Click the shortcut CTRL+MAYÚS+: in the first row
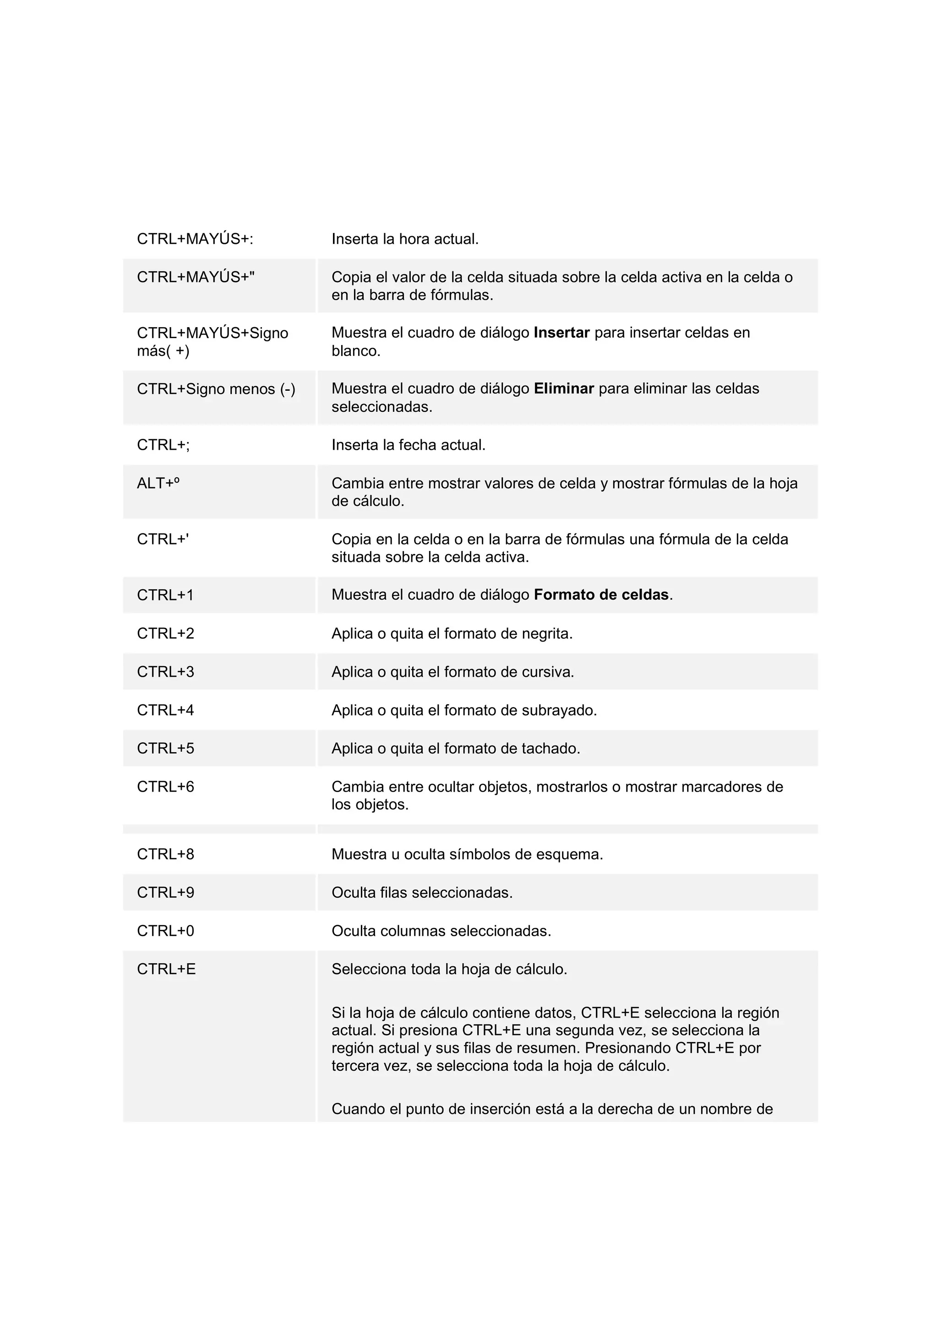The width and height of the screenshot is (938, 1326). (195, 239)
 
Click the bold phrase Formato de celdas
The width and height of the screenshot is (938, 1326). (601, 595)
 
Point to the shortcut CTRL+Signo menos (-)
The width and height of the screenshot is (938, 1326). (216, 389)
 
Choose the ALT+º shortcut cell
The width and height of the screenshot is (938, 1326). (158, 483)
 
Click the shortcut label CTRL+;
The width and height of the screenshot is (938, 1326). (163, 445)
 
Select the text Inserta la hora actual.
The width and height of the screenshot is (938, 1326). (404, 239)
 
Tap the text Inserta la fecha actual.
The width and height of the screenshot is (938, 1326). (408, 445)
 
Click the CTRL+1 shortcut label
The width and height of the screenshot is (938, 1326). (165, 595)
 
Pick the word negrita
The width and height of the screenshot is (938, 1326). (546, 634)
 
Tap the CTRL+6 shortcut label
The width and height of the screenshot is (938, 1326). (165, 787)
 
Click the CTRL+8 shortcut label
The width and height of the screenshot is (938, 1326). (165, 854)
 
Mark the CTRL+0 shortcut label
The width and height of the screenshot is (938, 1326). (165, 931)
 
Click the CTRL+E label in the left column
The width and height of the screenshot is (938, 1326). (166, 969)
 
